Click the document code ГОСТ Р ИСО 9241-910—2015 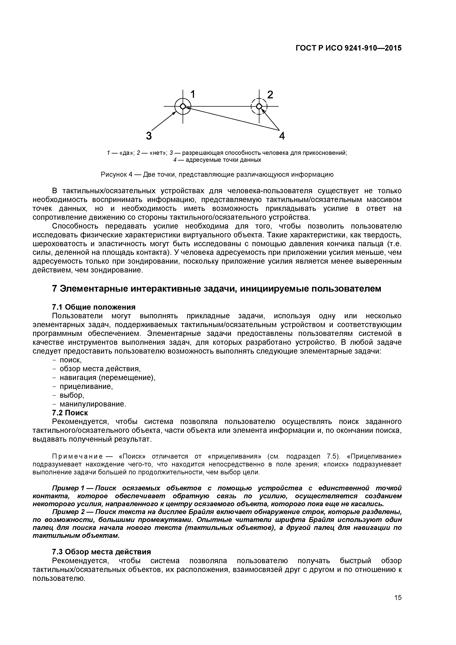click(x=349, y=48)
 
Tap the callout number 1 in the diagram click(x=193, y=94)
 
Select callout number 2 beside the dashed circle click(x=270, y=95)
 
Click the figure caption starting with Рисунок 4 click(x=217, y=174)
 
